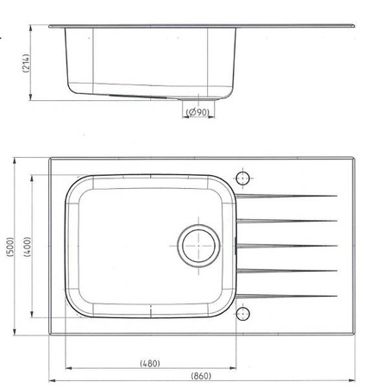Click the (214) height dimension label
pyautogui.click(x=26, y=63)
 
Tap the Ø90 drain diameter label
pyautogui.click(x=198, y=112)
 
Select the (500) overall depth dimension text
pyautogui.click(x=10, y=247)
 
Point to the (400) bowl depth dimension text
pyautogui.click(x=28, y=247)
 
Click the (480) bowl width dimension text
pyautogui.click(x=150, y=364)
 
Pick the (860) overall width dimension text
pyautogui.click(x=201, y=376)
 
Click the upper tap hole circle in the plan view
pyautogui.click(x=243, y=178)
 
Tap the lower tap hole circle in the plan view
pyautogui.click(x=243, y=313)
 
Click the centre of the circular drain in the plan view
pyautogui.click(x=198, y=246)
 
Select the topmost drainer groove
pyautogui.click(x=286, y=197)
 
